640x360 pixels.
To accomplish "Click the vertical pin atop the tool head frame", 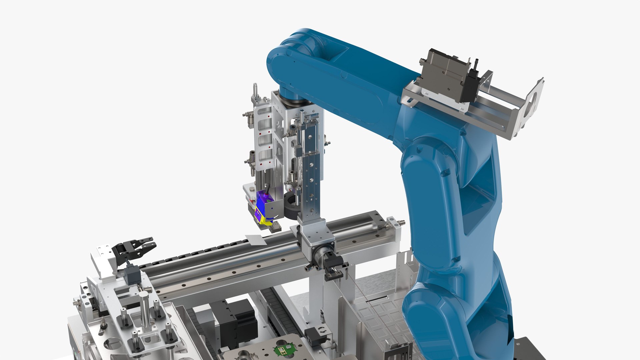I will [255, 90].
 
